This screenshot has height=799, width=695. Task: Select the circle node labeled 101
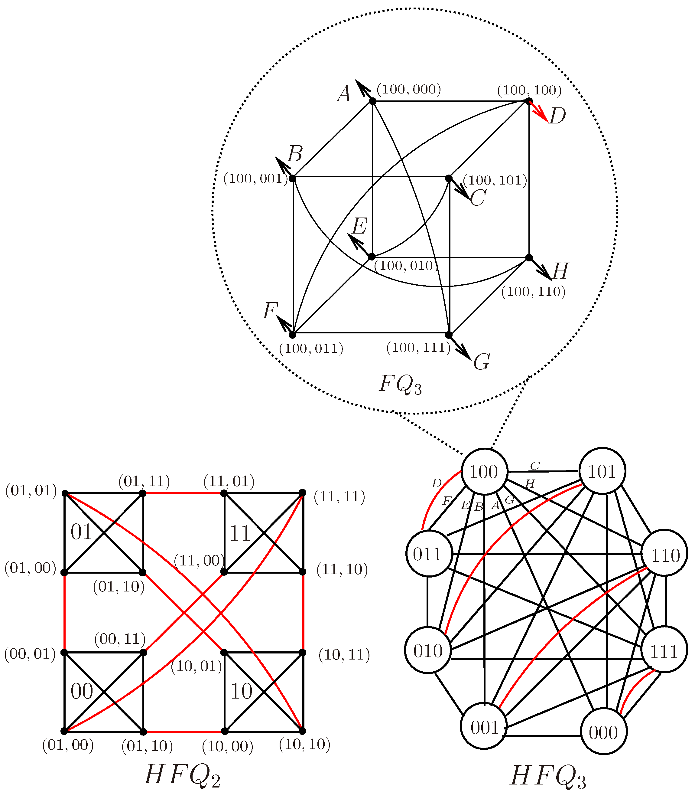(602, 471)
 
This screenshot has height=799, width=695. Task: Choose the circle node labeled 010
(428, 651)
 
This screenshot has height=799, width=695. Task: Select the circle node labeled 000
(603, 732)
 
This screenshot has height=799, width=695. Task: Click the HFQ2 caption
(182, 776)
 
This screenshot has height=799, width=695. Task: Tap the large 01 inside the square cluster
(81, 532)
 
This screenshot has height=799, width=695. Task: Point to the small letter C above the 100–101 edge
(535, 465)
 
